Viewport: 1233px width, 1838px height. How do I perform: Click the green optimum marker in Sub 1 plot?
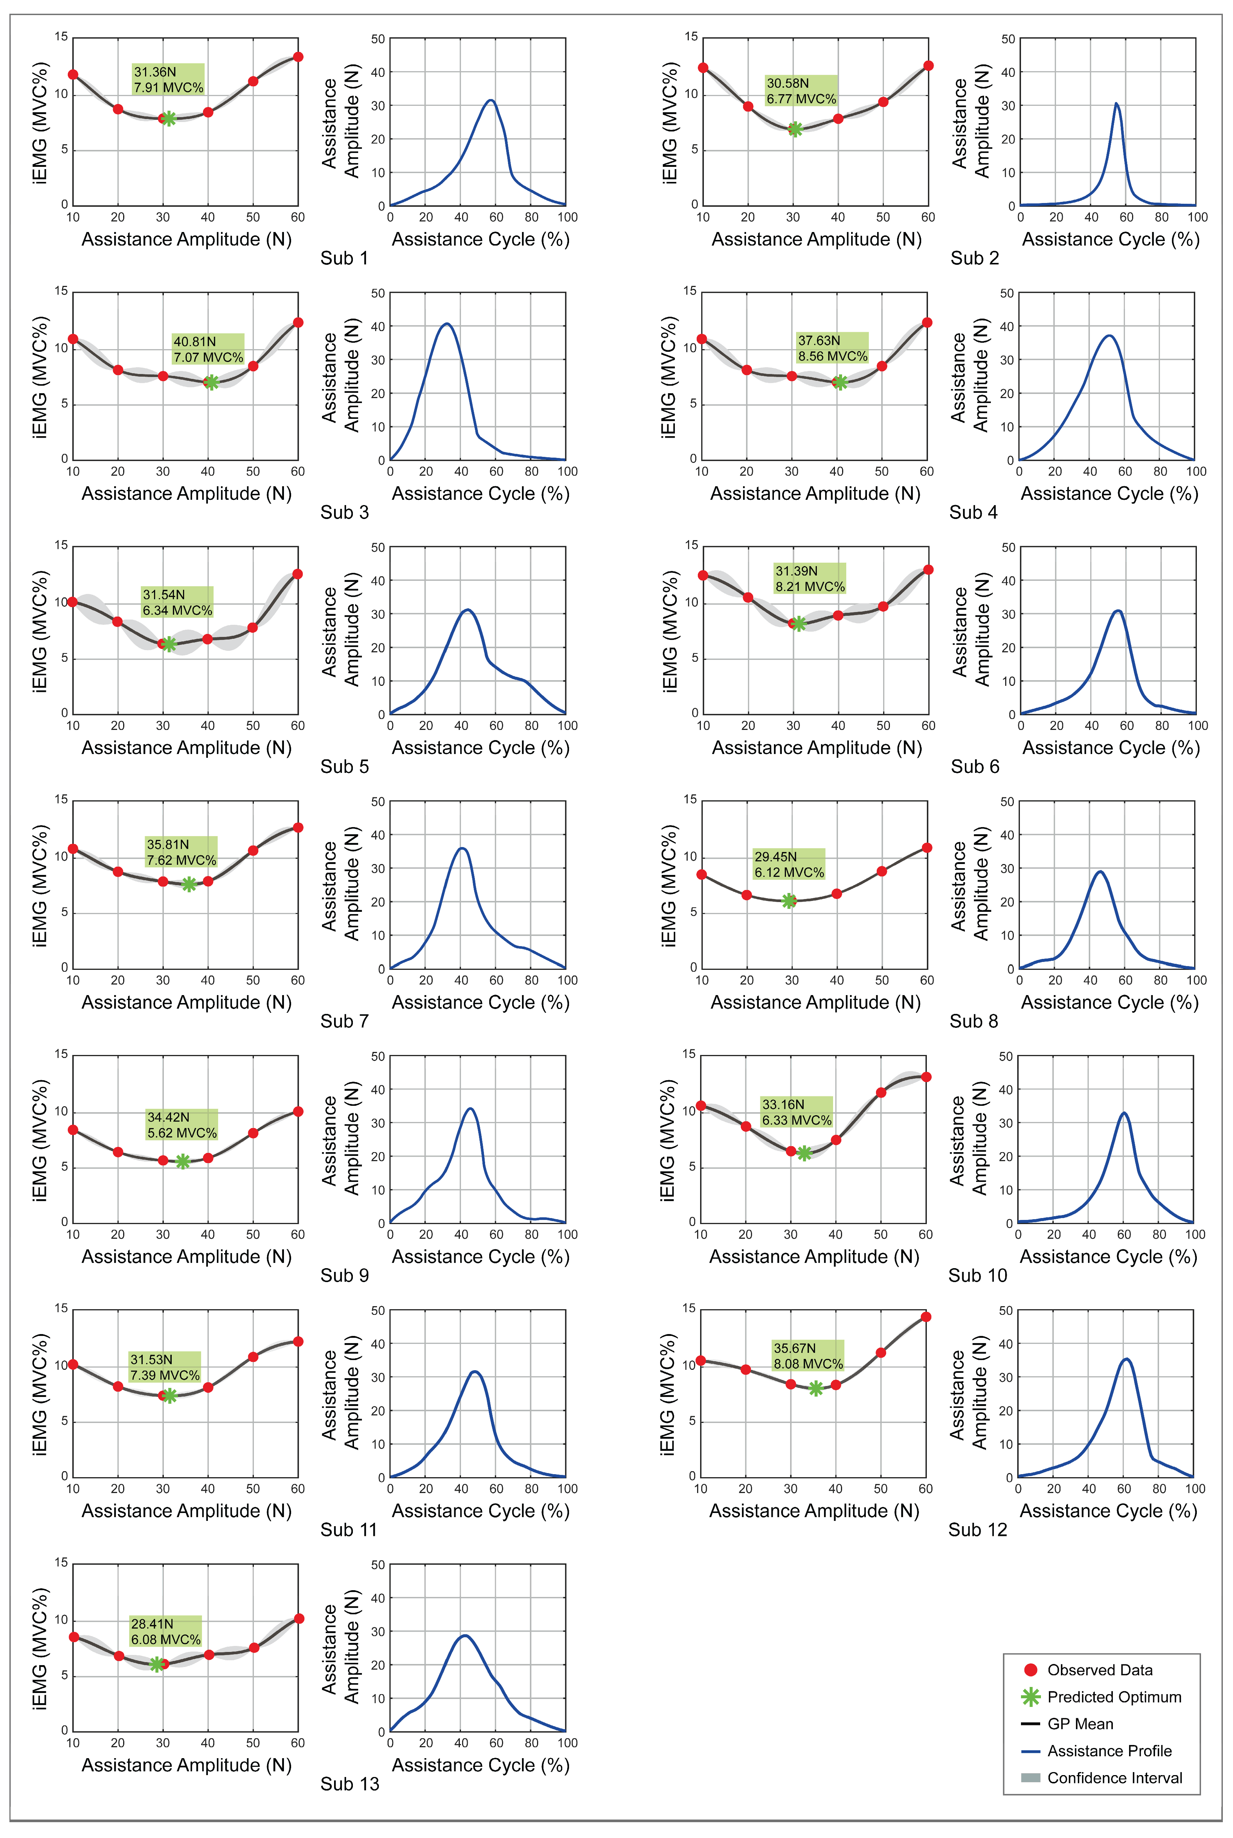168,119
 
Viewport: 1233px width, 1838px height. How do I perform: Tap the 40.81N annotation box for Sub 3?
208,349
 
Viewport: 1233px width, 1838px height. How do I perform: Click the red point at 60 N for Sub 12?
926,1317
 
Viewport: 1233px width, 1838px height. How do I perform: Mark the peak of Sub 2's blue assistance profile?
1116,104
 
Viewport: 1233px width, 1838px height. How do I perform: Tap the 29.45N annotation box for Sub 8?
789,864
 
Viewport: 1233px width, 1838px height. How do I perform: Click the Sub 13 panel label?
349,1784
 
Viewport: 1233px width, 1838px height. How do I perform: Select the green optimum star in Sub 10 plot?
804,1153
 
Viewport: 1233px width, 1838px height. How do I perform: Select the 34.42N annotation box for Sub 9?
182,1125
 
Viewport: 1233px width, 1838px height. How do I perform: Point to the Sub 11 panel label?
348,1530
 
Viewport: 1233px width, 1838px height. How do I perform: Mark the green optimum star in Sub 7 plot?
189,884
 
